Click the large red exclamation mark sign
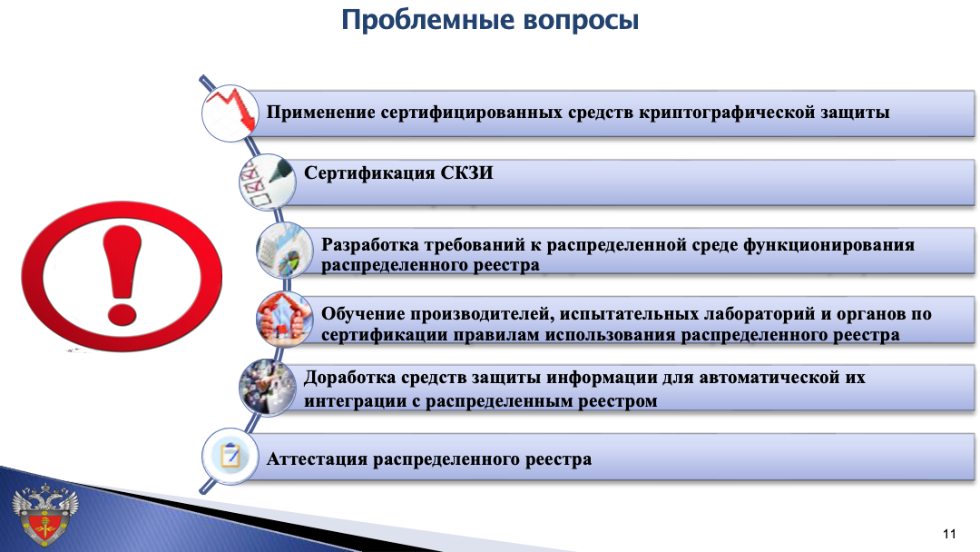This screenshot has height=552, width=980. (x=122, y=276)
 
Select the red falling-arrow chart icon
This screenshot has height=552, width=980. (x=230, y=113)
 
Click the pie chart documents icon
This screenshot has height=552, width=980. (x=285, y=250)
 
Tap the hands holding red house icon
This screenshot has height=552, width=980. (x=285, y=319)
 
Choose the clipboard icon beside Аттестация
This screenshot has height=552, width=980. (x=230, y=457)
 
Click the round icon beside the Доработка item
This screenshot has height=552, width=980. (x=268, y=388)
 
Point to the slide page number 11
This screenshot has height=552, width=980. (x=949, y=534)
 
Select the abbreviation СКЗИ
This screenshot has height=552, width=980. (x=467, y=172)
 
